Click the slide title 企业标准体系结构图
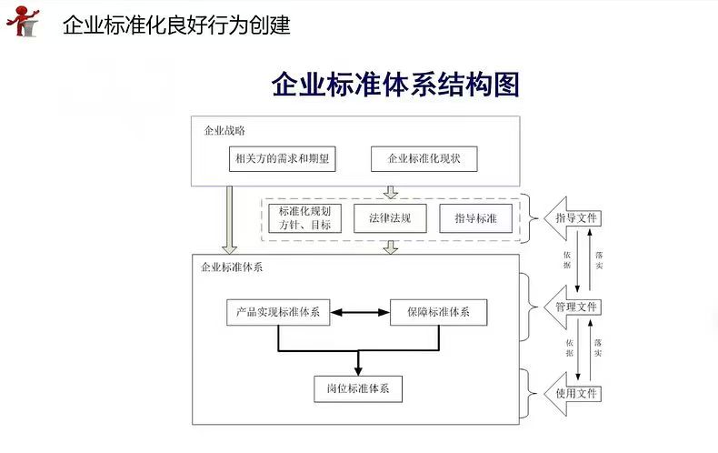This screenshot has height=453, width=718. click(x=395, y=85)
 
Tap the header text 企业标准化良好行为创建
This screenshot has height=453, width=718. click(x=176, y=25)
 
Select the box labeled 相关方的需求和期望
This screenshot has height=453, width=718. click(x=282, y=159)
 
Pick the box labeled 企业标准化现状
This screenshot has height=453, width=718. click(x=424, y=159)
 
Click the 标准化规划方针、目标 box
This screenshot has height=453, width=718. click(x=304, y=218)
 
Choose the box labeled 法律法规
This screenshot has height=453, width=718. click(x=390, y=218)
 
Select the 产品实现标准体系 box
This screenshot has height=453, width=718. click(x=277, y=312)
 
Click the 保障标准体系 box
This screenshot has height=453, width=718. click(x=439, y=312)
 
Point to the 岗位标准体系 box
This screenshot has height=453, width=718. click(x=358, y=388)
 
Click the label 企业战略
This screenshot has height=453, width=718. click(x=224, y=131)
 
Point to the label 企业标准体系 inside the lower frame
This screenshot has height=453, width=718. click(x=232, y=268)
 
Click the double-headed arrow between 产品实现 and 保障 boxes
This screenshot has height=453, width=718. click(x=358, y=312)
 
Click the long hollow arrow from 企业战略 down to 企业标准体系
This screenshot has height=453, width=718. click(x=229, y=218)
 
